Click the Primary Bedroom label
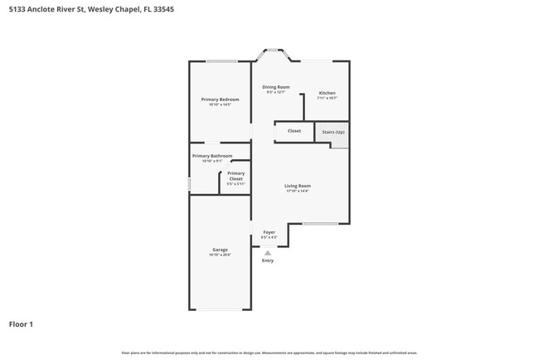pyautogui.click(x=220, y=100)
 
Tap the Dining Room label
pyautogui.click(x=276, y=87)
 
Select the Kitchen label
pyautogui.click(x=327, y=92)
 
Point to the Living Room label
pyautogui.click(x=297, y=186)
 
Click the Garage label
pyautogui.click(x=220, y=250)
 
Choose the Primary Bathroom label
pyautogui.click(x=212, y=156)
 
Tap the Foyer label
pyautogui.click(x=269, y=232)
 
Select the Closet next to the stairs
pyautogui.click(x=294, y=131)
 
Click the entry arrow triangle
pyautogui.click(x=267, y=253)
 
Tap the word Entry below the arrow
pyautogui.click(x=267, y=260)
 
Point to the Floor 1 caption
pyautogui.click(x=21, y=324)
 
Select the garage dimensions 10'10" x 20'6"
pyautogui.click(x=220, y=255)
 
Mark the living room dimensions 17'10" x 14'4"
pyautogui.click(x=297, y=191)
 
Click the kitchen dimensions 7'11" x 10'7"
pyautogui.click(x=327, y=98)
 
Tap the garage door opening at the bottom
pyautogui.click(x=220, y=309)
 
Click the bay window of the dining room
pyautogui.click(x=272, y=51)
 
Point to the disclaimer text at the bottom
pyautogui.click(x=269, y=353)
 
